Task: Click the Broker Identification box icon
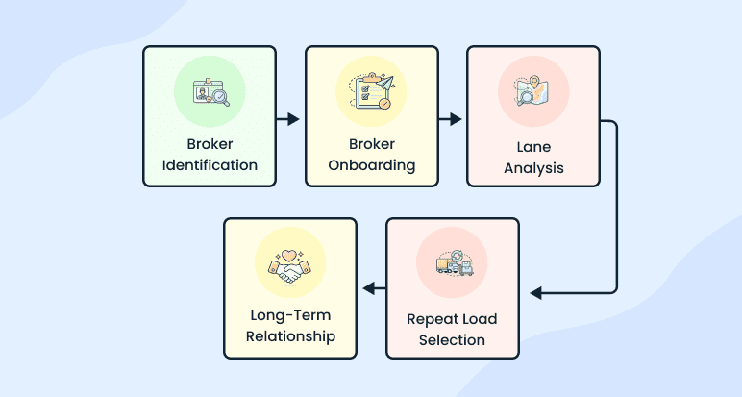(209, 92)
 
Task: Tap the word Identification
(210, 164)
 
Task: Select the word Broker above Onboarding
(371, 144)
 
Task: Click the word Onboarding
(371, 164)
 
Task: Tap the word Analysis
(532, 168)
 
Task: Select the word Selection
(453, 339)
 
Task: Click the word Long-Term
(290, 316)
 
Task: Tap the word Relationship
(290, 336)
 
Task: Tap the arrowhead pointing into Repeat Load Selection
(535, 292)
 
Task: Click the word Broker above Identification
(210, 144)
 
